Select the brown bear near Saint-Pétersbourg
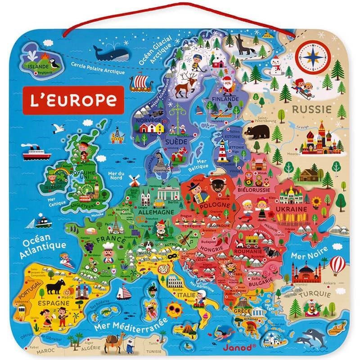coord(258,132)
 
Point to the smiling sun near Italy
coord(174,309)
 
